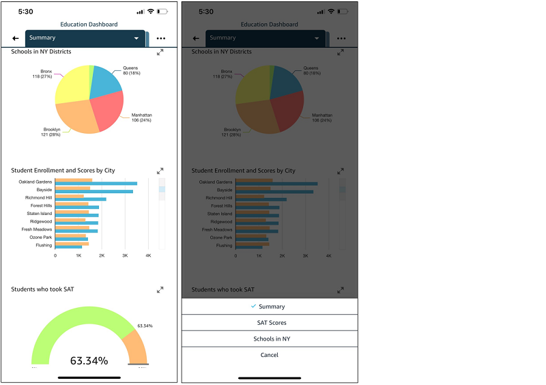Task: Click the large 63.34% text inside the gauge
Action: pos(89,360)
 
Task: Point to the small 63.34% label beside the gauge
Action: pos(145,326)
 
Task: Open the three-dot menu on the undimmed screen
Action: pos(160,39)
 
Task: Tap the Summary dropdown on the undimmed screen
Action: pos(85,38)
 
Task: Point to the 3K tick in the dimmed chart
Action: pos(305,255)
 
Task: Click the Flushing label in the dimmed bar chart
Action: pos(224,245)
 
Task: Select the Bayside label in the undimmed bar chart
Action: pos(44,189)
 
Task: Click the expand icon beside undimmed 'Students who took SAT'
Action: pos(160,289)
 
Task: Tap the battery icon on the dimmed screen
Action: pos(342,12)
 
